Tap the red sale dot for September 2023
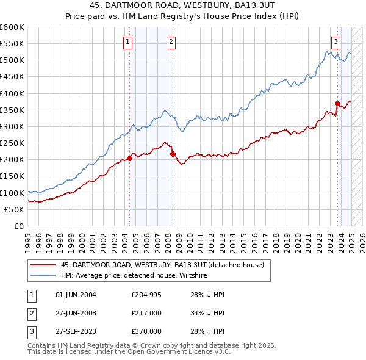337,103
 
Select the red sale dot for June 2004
130,158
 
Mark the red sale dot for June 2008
173,154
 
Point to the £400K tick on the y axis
12,93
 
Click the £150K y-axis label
12,176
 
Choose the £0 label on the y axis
18,226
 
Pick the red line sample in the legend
43,265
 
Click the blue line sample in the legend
43,276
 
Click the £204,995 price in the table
146,295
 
